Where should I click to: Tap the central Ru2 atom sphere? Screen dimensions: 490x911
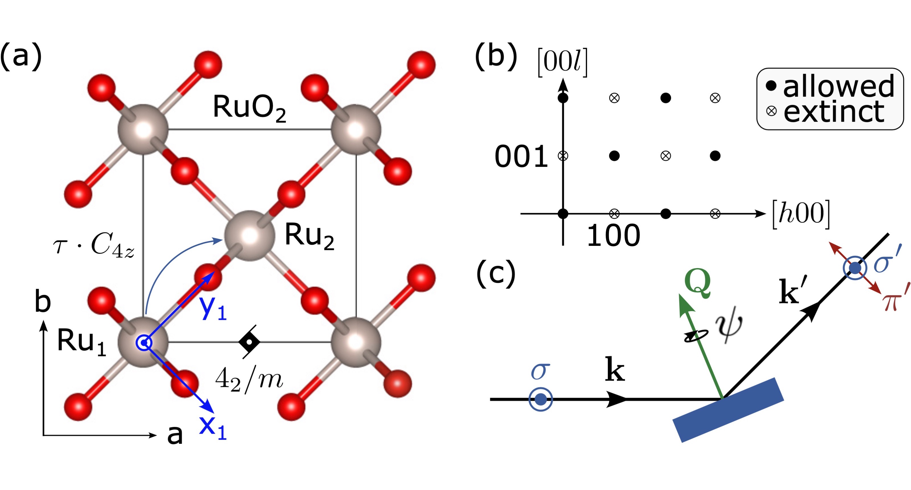pos(250,236)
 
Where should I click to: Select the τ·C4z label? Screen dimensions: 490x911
pos(94,245)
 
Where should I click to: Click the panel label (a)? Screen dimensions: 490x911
pos(21,56)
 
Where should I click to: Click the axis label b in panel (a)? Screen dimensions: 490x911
pos(42,301)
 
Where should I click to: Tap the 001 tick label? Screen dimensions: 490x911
pos(521,156)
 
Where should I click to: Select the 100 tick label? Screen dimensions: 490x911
pos(614,236)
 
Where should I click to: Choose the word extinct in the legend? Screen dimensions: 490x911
pos(834,111)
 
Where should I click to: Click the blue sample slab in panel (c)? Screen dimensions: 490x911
pos(728,410)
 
